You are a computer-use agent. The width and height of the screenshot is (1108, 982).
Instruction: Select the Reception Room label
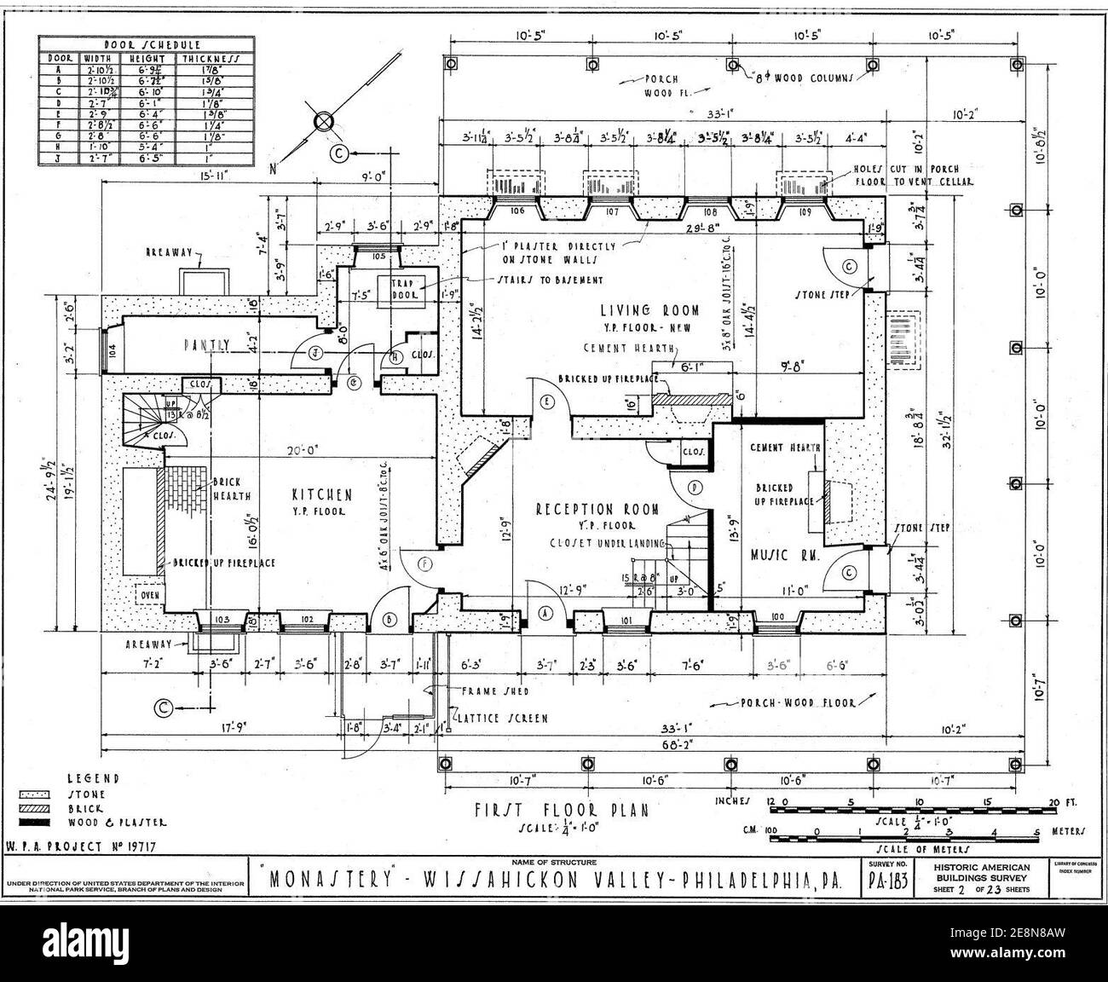tap(597, 509)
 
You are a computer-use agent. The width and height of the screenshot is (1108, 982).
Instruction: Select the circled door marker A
tap(546, 613)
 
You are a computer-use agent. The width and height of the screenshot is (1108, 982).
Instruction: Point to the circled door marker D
tap(695, 488)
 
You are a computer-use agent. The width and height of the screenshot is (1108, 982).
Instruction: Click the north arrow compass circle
tap(326, 122)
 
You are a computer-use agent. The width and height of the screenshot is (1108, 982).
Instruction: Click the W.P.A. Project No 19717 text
tap(84, 847)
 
